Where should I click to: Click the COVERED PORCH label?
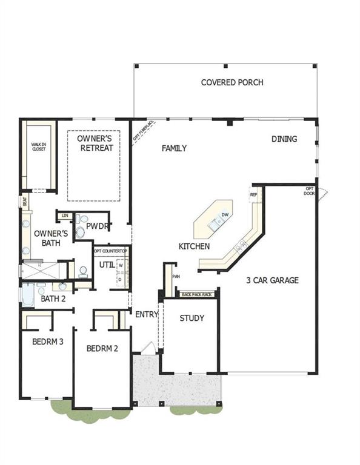(x=232, y=82)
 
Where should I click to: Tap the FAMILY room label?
(x=174, y=148)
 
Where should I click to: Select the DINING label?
(x=284, y=139)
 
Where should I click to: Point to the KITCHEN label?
(x=195, y=246)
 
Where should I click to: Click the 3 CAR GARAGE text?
(x=272, y=280)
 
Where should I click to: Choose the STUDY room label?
(x=192, y=318)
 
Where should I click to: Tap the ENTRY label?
(x=146, y=314)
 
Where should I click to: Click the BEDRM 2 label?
(x=101, y=349)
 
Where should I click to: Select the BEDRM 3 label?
(x=48, y=341)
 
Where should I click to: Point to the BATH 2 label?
(x=53, y=298)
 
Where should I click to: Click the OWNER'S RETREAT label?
(x=95, y=143)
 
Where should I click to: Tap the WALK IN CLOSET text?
(x=39, y=146)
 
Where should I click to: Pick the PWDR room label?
(x=96, y=226)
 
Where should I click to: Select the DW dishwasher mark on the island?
(x=225, y=215)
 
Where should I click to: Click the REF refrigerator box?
(x=253, y=195)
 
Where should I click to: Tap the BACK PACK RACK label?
(x=197, y=294)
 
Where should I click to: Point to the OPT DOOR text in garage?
(x=310, y=191)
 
